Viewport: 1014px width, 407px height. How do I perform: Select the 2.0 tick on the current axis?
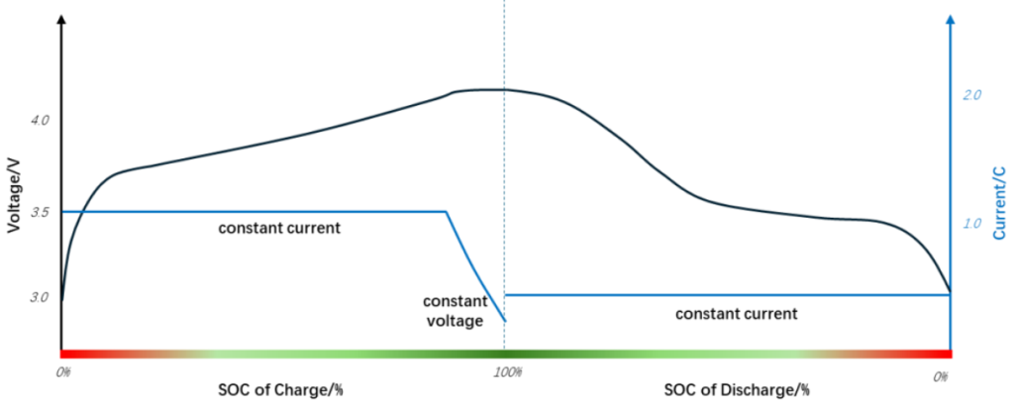[971, 95]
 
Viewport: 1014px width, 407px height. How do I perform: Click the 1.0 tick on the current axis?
[971, 224]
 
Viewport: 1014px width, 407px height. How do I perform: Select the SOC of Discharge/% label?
[737, 389]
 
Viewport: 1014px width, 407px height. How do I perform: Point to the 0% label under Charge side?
[64, 372]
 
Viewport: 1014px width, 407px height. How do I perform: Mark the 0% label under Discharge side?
[941, 375]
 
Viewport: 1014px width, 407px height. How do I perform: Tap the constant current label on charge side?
[280, 228]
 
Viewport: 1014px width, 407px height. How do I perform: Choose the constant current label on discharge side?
[736, 314]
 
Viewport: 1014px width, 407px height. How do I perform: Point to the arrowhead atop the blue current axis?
[951, 20]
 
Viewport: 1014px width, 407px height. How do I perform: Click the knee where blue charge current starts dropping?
[447, 211]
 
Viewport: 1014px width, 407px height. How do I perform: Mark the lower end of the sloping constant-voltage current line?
[505, 321]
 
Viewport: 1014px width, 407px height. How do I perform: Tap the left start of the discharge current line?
[506, 295]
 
